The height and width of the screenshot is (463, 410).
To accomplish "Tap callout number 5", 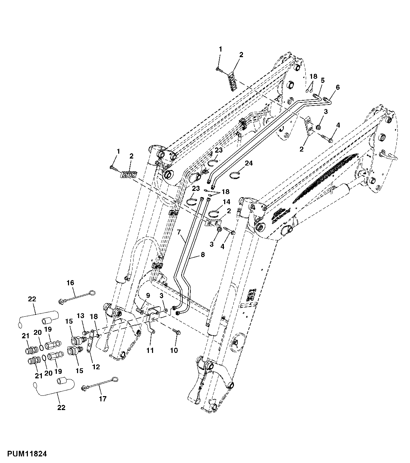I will click(322, 80).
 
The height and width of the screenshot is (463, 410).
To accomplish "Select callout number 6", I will click(337, 87).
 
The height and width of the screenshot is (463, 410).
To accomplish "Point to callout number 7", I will click(179, 232).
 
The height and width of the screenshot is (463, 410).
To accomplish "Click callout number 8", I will click(203, 255).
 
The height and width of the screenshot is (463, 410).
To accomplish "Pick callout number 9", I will click(148, 296).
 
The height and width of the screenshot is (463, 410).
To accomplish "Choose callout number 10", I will click(174, 350).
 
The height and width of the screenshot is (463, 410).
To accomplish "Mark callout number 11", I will click(150, 350).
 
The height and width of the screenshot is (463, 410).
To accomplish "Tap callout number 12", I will click(96, 366).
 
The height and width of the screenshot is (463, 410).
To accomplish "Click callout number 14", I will click(227, 202).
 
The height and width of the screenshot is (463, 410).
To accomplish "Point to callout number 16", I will click(71, 283).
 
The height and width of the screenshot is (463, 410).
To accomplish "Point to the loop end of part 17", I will click(114, 379).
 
